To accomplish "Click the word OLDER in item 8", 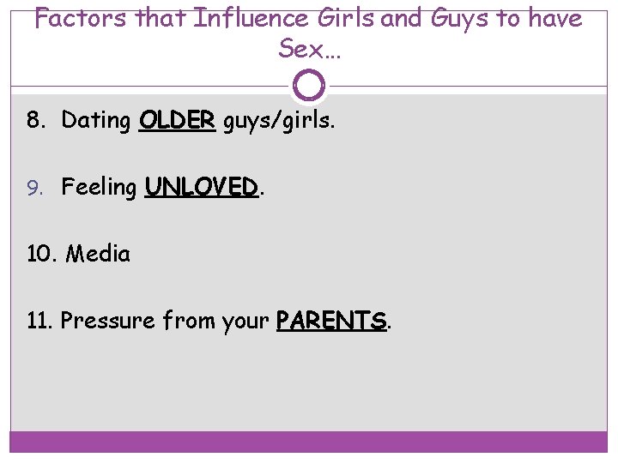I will click(177, 121).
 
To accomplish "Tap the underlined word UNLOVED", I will click(202, 187).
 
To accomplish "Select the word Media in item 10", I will click(98, 254).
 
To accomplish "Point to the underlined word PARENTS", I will click(331, 321).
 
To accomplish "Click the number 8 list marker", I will click(33, 121).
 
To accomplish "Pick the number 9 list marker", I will click(33, 188).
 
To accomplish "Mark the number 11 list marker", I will click(39, 321).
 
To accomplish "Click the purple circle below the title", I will click(309, 85).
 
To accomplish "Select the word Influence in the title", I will click(255, 18).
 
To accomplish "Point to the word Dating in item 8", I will click(95, 121).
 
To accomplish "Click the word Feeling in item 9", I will click(99, 188).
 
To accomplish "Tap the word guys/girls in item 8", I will click(276, 122).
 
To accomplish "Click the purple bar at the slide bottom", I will click(309, 442).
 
